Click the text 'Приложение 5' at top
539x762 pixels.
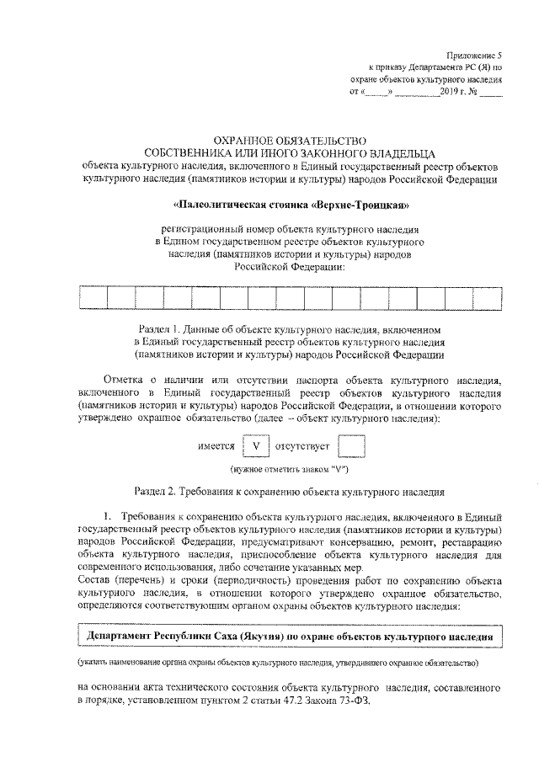[475, 53]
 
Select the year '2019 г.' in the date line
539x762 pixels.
[456, 91]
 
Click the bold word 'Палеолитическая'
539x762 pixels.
[216, 205]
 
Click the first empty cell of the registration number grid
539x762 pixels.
[92, 298]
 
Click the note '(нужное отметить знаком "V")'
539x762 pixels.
[290, 468]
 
